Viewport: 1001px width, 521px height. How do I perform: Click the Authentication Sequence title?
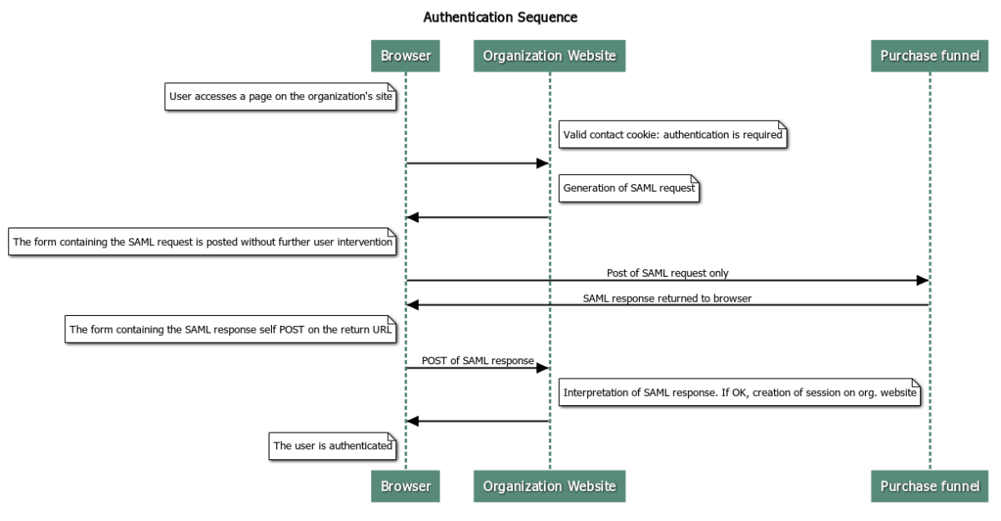point(500,18)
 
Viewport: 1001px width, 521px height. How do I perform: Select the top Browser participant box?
point(405,56)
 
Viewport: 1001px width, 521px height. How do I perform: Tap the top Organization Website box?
point(549,56)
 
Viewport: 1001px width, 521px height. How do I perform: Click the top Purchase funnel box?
point(929,56)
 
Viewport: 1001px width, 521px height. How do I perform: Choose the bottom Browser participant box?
point(405,486)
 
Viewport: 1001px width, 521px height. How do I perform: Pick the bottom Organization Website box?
point(549,486)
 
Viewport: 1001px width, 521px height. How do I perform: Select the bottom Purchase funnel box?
point(929,486)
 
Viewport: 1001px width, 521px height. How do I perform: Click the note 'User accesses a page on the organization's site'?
point(281,97)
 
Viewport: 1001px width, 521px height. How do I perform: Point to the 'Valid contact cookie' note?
point(672,134)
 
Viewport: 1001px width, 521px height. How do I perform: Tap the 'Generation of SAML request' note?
point(629,188)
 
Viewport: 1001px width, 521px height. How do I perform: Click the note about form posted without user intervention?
point(203,243)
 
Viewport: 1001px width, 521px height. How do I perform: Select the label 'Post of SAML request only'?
point(667,273)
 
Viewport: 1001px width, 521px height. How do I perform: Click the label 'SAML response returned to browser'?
point(667,298)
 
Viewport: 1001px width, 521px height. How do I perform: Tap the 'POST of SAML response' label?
point(477,360)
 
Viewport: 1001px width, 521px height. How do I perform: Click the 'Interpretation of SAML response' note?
point(740,392)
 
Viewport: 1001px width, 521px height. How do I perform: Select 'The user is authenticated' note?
point(333,446)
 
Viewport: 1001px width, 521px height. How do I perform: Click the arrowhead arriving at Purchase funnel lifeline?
point(923,280)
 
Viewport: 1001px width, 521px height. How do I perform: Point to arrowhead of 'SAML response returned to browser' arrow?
point(413,305)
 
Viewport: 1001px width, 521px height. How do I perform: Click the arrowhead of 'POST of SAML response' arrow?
point(541,368)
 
